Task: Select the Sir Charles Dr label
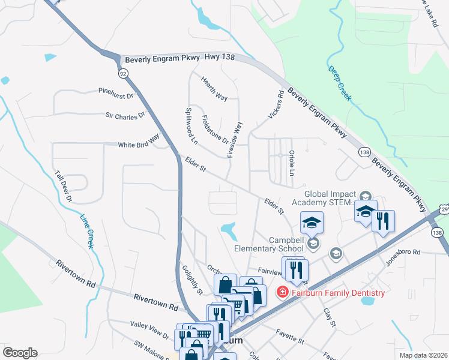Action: coord(125,113)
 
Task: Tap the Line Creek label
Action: coord(87,231)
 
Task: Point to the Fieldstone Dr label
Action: coord(215,130)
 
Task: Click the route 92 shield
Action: coord(123,73)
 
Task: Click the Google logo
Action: coord(20,352)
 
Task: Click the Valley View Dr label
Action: coord(150,327)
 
